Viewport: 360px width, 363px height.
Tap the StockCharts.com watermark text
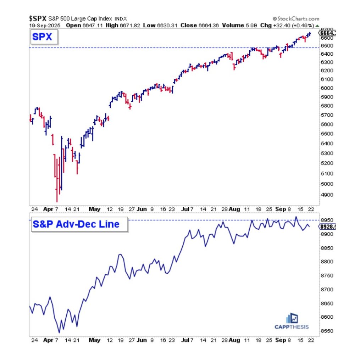click(296, 19)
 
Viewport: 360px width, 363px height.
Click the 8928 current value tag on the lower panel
click(328, 225)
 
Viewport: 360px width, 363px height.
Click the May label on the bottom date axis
click(94, 340)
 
